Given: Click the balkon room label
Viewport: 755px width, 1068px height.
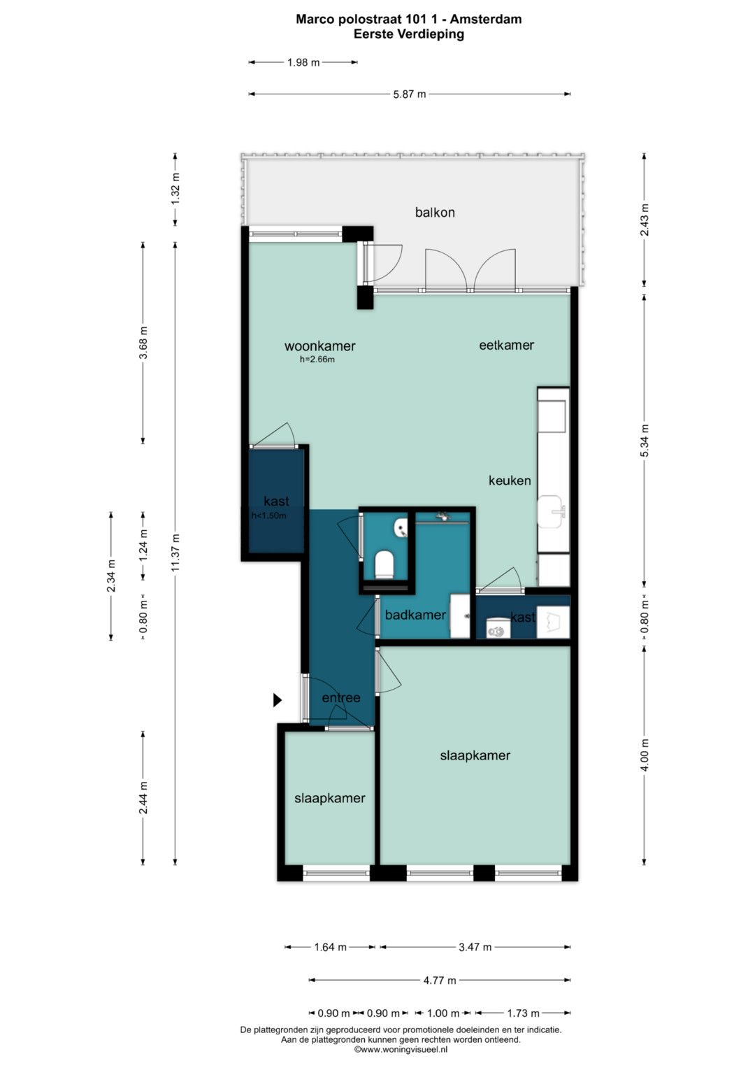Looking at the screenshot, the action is [x=435, y=212].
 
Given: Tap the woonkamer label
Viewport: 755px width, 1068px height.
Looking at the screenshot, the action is [x=320, y=346].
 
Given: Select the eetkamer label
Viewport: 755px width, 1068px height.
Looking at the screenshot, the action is [x=506, y=345].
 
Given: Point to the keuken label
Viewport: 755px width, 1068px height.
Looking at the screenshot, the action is [x=510, y=480].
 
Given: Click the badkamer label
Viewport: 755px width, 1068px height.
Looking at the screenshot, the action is [x=415, y=615].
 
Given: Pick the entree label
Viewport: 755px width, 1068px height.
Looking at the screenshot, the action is [x=341, y=697].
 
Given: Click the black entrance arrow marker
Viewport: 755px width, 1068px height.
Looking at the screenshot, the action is [x=278, y=700].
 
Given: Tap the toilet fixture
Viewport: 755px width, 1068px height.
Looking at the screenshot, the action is [x=384, y=564].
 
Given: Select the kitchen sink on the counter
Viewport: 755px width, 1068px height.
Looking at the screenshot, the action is [x=552, y=511].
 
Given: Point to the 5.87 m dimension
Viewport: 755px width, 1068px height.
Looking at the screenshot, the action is [x=410, y=94].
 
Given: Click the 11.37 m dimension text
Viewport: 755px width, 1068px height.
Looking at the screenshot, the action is [x=175, y=553].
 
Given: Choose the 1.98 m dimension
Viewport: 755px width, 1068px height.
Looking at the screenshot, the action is [x=303, y=62].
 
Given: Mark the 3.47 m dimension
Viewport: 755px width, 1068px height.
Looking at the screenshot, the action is [x=475, y=947].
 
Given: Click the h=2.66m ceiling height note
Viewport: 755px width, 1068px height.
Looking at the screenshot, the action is [x=317, y=359].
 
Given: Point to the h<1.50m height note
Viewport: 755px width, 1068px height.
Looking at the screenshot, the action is [x=269, y=515].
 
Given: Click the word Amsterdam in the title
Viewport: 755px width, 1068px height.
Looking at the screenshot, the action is [x=486, y=19].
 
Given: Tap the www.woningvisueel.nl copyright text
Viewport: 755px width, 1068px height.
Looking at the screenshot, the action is [x=401, y=1049].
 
